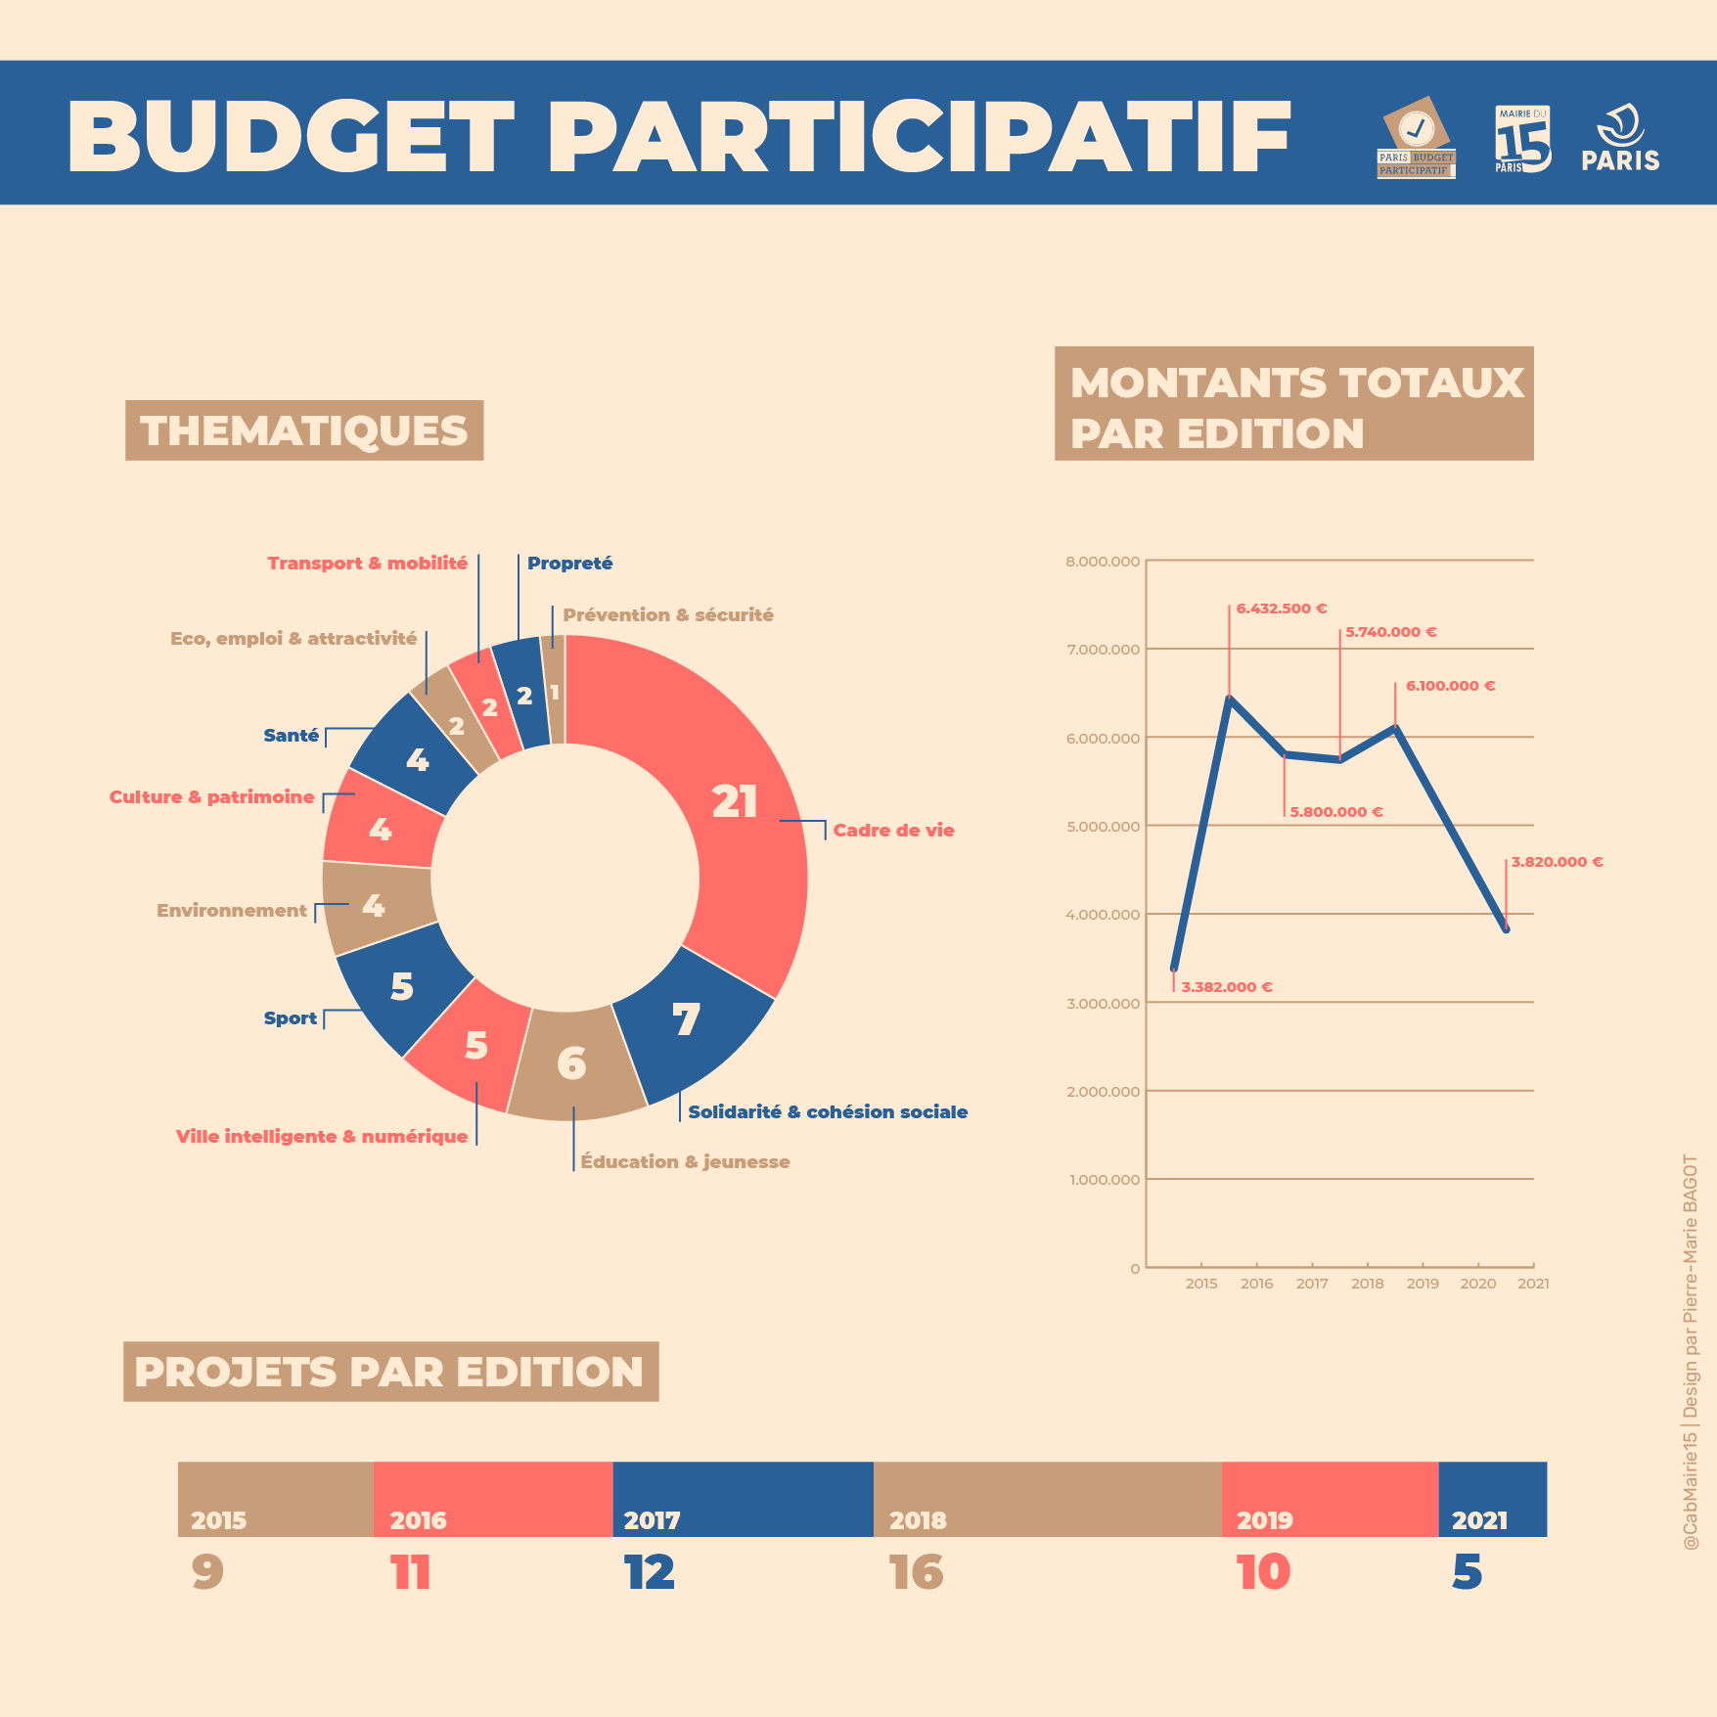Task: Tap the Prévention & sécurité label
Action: click(x=667, y=615)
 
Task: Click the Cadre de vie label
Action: click(x=893, y=831)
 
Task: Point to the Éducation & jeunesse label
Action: click(x=685, y=1162)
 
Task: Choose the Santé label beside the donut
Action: click(x=291, y=736)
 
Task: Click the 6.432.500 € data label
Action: click(x=1281, y=609)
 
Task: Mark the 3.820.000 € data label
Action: click(x=1557, y=862)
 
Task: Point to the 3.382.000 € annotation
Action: click(x=1226, y=987)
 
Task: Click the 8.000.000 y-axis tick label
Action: click(x=1103, y=562)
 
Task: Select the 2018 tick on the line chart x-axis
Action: click(x=1367, y=1284)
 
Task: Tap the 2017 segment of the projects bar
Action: click(x=743, y=1499)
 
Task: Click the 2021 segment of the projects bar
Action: click(x=1492, y=1499)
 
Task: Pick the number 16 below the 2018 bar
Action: click(x=916, y=1573)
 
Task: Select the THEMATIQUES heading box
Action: click(x=304, y=430)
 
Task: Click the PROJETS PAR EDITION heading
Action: click(x=390, y=1372)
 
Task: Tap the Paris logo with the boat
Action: click(x=1620, y=139)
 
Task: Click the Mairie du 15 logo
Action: click(x=1522, y=139)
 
